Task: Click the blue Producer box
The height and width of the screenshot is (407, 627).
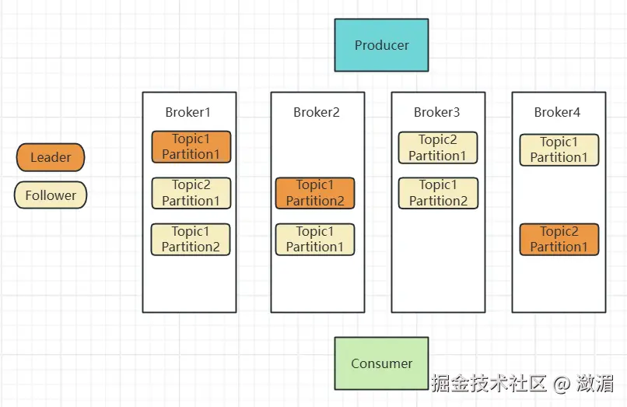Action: tap(381, 45)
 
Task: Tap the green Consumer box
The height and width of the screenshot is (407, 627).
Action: tap(381, 363)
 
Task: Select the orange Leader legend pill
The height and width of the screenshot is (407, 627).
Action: tap(51, 157)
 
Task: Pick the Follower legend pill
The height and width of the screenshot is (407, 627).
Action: tap(51, 195)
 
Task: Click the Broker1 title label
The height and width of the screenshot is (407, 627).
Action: tap(188, 112)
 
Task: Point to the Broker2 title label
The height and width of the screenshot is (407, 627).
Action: tap(317, 112)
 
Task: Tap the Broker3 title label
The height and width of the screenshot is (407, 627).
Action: tap(436, 112)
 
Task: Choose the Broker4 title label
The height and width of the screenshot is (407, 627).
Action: tap(557, 112)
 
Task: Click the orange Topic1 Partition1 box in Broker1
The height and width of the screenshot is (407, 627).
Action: tap(191, 147)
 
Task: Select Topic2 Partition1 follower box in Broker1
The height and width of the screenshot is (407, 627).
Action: tap(191, 193)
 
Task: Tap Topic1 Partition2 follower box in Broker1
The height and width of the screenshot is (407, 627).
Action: tap(191, 240)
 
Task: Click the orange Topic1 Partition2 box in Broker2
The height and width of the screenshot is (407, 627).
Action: tap(315, 193)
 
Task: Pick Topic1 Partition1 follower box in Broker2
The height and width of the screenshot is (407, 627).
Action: tap(315, 240)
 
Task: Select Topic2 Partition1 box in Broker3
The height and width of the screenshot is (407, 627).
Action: tap(438, 148)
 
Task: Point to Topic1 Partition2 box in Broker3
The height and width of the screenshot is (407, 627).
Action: tap(438, 193)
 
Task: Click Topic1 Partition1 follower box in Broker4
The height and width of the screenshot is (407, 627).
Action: tap(559, 149)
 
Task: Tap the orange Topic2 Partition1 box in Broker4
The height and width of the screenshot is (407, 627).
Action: tap(559, 240)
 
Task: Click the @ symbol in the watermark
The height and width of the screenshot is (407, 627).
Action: tap(562, 384)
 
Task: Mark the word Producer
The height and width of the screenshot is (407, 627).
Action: tap(382, 45)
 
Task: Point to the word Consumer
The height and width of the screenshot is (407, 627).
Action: tap(381, 363)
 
